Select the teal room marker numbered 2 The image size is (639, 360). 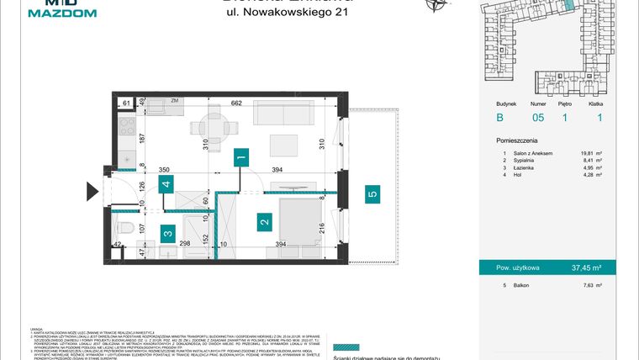(x=265, y=222)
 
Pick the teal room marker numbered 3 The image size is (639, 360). (x=168, y=236)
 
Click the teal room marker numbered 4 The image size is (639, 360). (x=167, y=184)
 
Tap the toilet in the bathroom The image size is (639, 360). (x=124, y=225)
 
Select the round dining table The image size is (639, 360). (x=216, y=129)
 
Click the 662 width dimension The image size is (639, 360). (x=236, y=103)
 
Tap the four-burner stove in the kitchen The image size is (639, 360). (x=126, y=128)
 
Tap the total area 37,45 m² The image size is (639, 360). (x=596, y=269)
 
